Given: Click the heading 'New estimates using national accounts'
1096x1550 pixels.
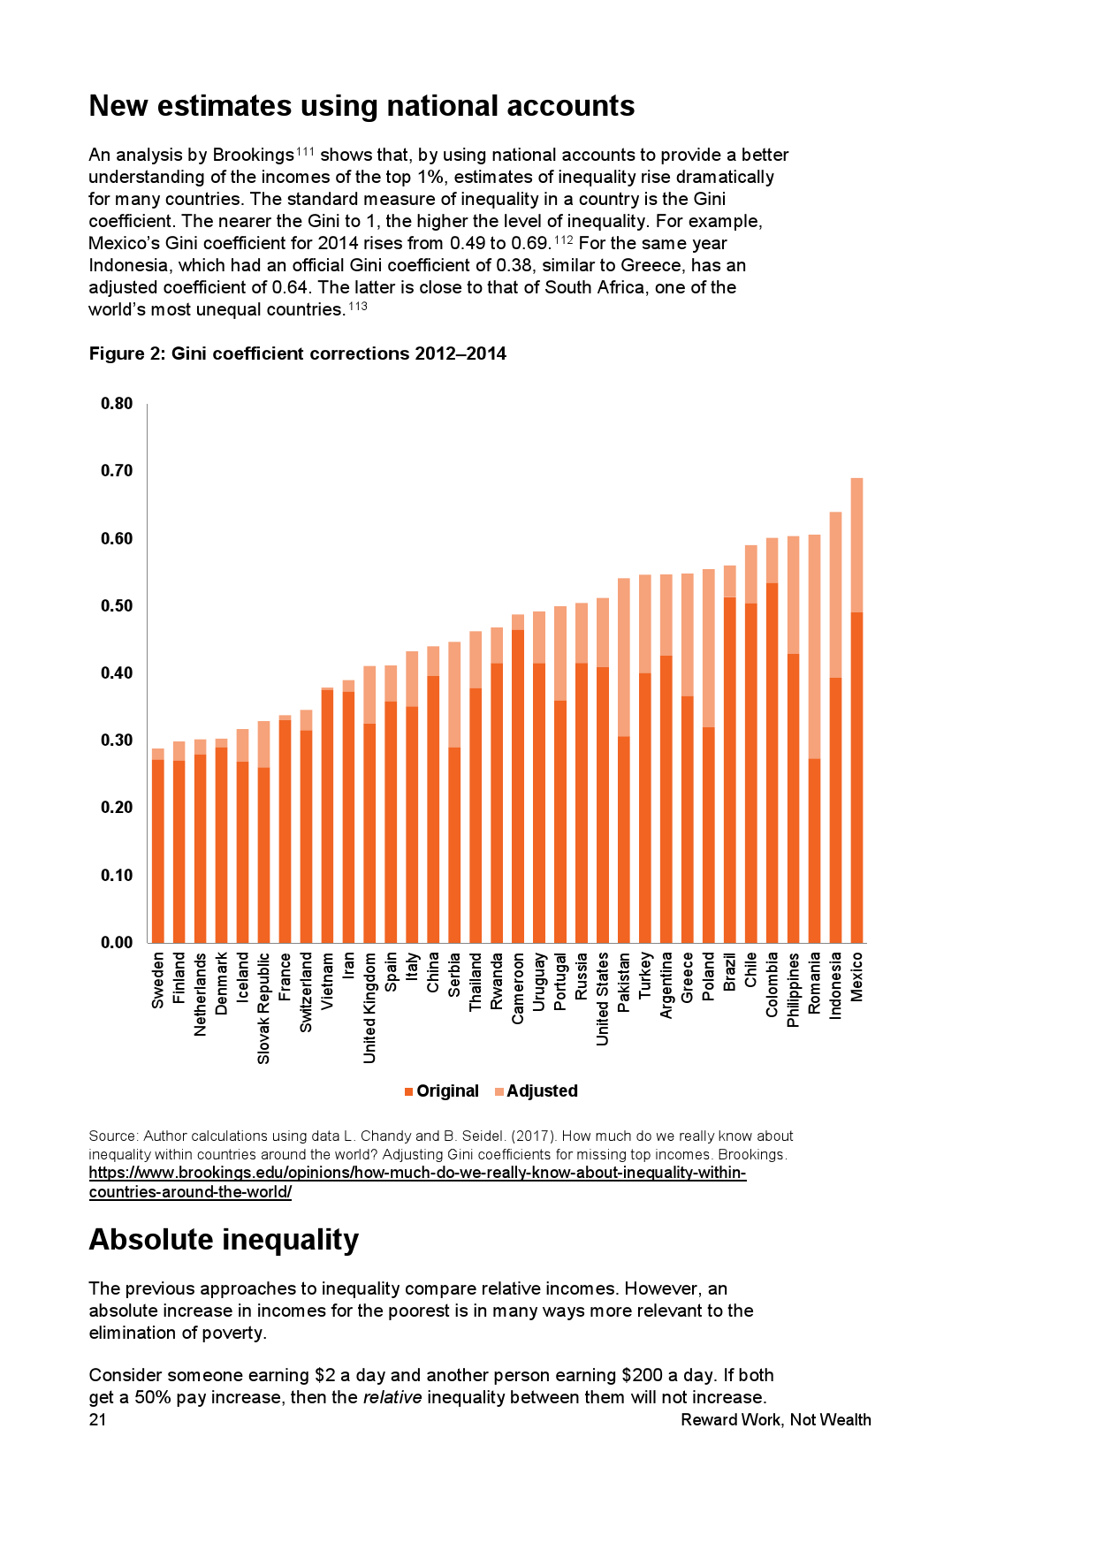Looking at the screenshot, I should pos(362,106).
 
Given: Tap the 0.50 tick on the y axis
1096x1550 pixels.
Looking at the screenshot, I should pos(117,606).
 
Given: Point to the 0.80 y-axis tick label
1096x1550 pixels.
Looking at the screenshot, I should pos(117,404).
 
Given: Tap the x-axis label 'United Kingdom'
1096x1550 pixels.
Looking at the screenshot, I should pos(369,1007).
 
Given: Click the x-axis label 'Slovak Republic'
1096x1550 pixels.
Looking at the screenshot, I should pos(263,1007).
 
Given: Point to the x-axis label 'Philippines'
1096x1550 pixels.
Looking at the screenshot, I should pos(793,990).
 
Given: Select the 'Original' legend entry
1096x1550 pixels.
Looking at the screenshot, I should pos(442,1091).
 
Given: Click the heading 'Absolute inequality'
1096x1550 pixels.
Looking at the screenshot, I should pos(224,1240).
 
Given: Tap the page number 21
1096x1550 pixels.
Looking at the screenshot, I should pos(97,1420).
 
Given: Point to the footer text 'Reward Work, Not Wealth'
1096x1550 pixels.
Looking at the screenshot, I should pos(775,1420).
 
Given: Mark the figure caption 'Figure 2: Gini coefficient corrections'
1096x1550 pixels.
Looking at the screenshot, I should pos(297,353).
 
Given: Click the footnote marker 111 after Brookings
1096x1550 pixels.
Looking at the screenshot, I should pos(305,151).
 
